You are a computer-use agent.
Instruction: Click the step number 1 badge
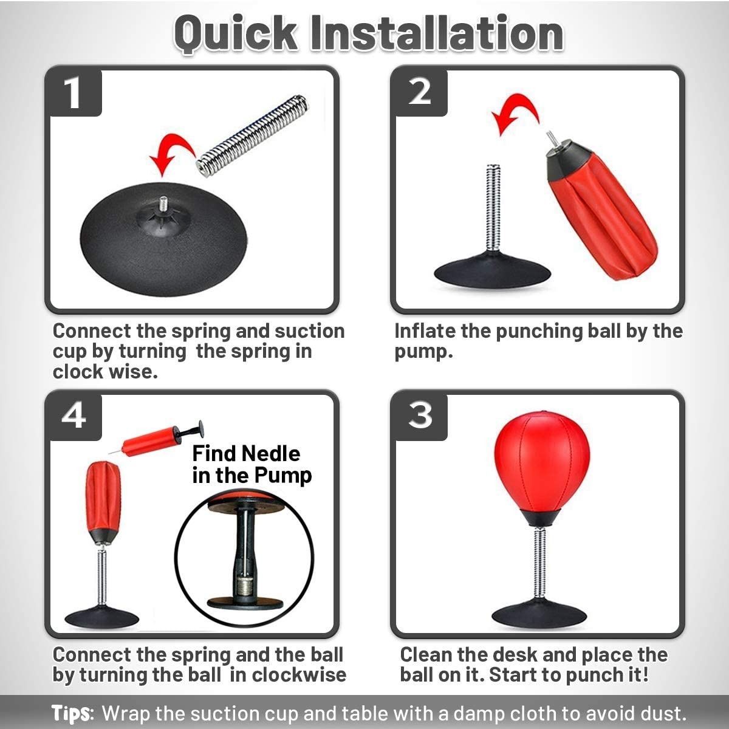click(74, 93)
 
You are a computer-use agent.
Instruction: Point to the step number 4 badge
click(74, 417)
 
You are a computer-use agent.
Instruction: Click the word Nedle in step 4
click(271, 454)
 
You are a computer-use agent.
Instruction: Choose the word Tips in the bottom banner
click(72, 713)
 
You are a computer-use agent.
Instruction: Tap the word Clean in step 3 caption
click(426, 655)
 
